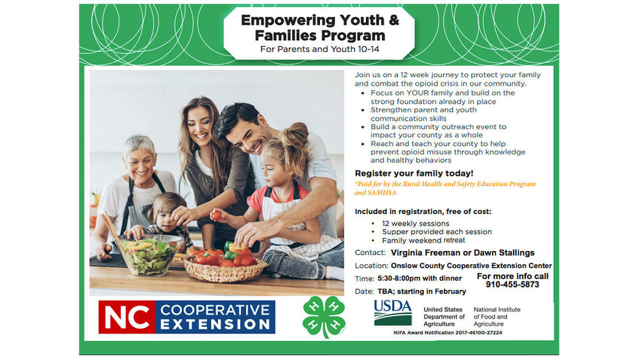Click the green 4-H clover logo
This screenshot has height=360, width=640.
coord(324,317)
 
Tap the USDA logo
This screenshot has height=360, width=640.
coord(393,313)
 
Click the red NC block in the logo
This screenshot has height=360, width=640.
coord(127,317)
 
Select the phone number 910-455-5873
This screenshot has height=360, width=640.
coord(512,285)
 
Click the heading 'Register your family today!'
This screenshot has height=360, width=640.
coord(414,173)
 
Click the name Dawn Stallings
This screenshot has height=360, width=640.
coord(504,253)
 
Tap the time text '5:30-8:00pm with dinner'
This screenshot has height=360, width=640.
coord(419,278)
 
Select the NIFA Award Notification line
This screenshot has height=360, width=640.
coord(448,333)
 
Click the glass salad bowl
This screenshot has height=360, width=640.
coord(149,254)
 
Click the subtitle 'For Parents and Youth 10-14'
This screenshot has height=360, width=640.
coord(319,49)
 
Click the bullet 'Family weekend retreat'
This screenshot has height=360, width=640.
coord(423,240)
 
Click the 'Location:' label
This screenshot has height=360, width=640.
coord(371,266)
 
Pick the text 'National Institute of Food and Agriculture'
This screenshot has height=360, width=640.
coord(497,317)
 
